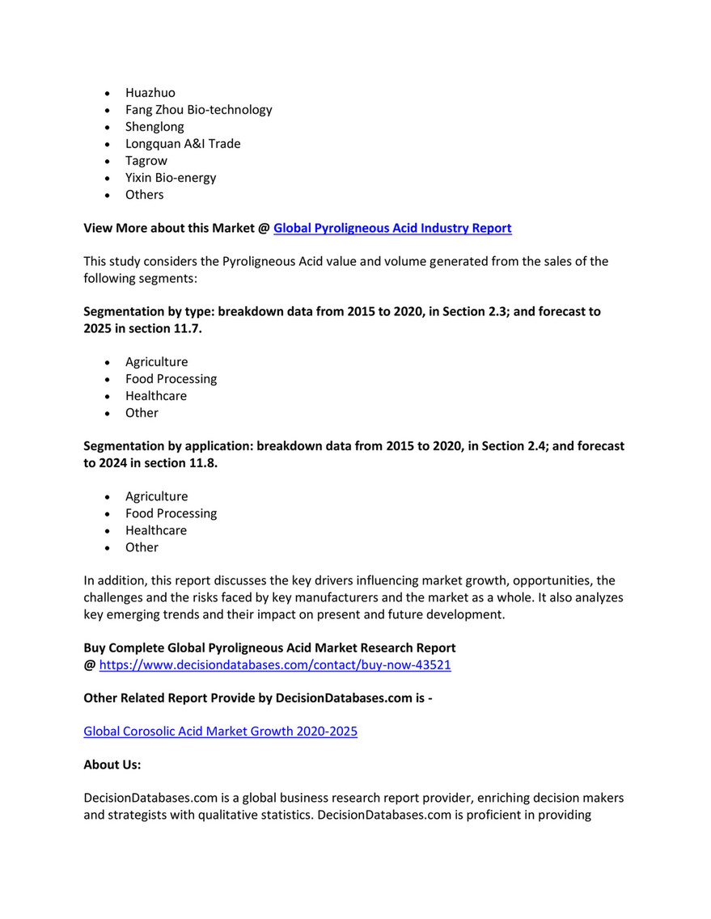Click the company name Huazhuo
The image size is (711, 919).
[x=150, y=93]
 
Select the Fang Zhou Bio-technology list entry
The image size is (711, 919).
[x=198, y=110]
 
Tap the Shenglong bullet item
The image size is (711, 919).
[x=154, y=127]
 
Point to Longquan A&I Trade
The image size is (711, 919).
[x=183, y=144]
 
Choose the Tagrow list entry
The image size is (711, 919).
[x=146, y=161]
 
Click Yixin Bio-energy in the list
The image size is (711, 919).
[x=171, y=178]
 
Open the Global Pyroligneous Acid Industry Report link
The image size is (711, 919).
[x=392, y=229]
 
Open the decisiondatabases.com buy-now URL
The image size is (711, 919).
[x=274, y=665]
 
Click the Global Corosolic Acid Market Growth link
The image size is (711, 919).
[x=221, y=731]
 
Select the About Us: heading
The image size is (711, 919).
[x=112, y=765]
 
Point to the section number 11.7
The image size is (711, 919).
[x=186, y=328]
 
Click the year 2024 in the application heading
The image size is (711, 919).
[x=114, y=462]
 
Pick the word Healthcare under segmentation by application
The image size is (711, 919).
[x=156, y=531]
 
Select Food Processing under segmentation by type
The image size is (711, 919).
[x=171, y=379]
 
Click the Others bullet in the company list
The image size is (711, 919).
[x=144, y=195]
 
